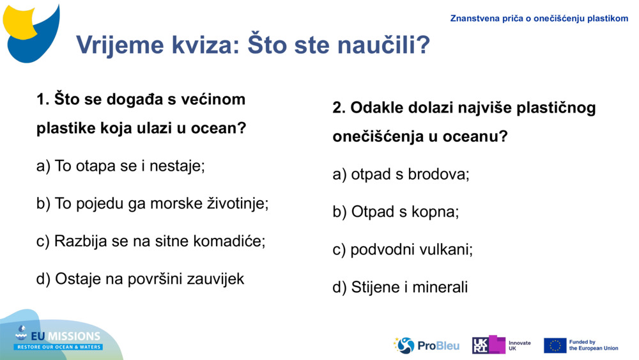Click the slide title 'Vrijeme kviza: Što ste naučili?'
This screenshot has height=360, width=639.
point(252,45)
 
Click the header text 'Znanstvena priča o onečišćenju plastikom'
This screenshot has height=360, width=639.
point(539,19)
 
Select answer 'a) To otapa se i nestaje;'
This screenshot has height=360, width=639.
point(121,166)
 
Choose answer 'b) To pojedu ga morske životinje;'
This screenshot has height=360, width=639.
point(153,203)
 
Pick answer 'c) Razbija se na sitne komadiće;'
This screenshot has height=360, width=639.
point(151,241)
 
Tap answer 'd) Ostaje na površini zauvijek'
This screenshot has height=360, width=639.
point(141,279)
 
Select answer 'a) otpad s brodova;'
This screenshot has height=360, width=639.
point(401,174)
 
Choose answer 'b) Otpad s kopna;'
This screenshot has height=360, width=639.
point(396,212)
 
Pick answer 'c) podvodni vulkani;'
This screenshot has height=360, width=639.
point(403,249)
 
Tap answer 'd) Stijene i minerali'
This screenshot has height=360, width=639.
point(400,287)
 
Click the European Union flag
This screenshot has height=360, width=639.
point(555,345)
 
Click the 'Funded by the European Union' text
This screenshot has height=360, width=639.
point(593,345)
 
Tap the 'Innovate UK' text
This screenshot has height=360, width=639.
point(519,346)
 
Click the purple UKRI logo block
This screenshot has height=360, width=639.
point(489,345)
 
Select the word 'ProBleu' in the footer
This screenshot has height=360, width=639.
point(438,346)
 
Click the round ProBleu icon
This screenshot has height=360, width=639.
point(404,345)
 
